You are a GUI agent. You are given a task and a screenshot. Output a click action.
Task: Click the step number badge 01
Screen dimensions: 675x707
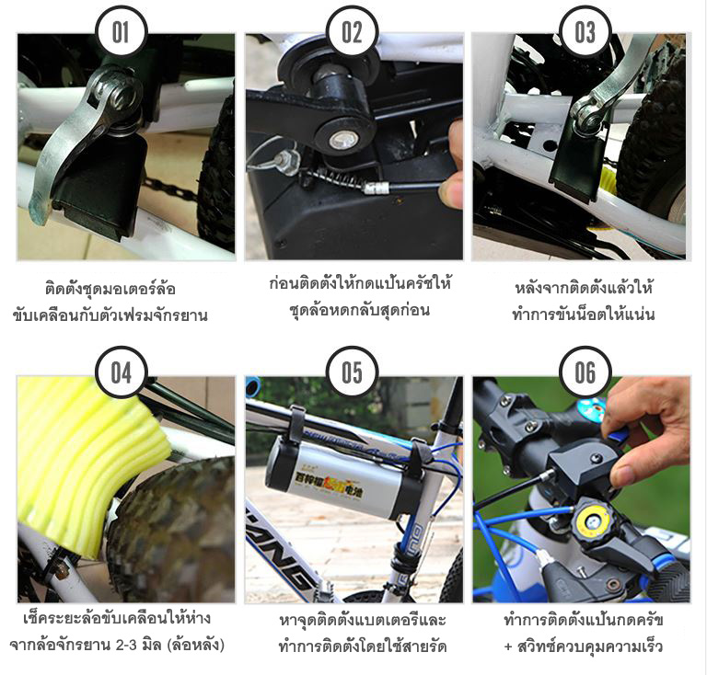click(x=122, y=33)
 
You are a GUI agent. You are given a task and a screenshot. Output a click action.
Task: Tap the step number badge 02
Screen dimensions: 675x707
click(x=353, y=33)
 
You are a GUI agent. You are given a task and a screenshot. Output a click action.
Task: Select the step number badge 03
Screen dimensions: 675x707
click(x=585, y=33)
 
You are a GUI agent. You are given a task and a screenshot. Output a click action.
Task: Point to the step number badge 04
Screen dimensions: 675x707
click(x=122, y=372)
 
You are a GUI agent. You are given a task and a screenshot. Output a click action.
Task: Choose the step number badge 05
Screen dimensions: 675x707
click(x=353, y=372)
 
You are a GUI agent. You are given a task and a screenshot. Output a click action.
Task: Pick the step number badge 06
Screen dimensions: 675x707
click(x=585, y=372)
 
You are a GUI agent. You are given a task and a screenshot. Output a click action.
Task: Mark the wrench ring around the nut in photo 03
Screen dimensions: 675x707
click(x=585, y=114)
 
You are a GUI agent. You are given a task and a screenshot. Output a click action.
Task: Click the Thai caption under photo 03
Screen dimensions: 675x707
click(x=584, y=301)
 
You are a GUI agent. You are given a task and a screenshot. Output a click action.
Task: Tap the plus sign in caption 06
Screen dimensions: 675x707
click(x=509, y=646)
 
